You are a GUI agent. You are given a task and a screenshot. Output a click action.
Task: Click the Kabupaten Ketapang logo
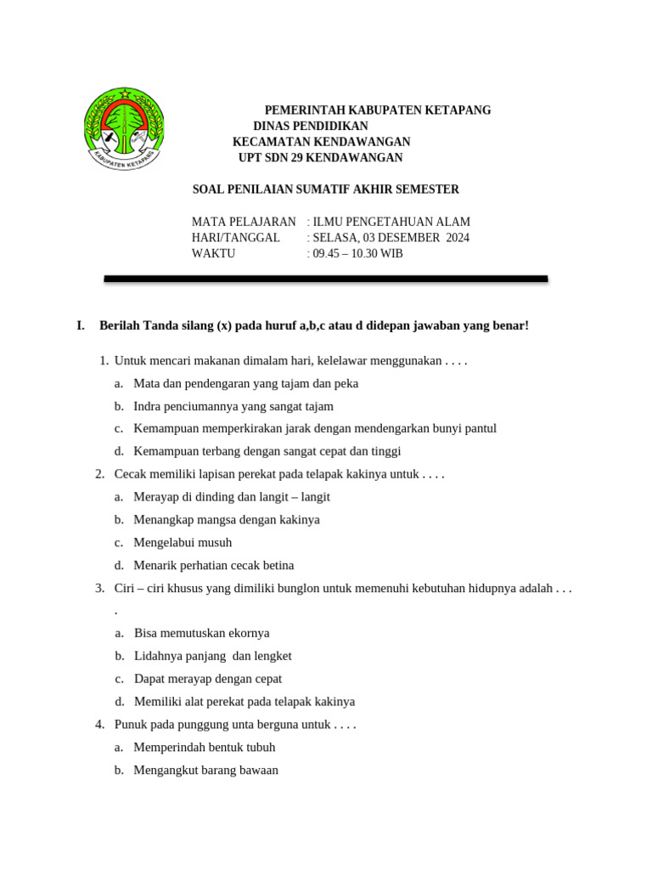point(124,133)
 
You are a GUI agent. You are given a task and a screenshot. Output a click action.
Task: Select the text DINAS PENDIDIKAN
point(311,126)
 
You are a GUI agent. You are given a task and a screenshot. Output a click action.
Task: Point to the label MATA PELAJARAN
point(244,222)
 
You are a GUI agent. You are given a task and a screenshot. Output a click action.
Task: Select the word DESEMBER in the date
point(403,238)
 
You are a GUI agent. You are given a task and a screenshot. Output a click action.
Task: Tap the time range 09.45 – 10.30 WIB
point(357,253)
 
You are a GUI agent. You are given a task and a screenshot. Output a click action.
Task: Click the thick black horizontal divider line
point(326,279)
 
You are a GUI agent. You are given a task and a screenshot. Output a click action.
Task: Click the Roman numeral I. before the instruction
point(81,325)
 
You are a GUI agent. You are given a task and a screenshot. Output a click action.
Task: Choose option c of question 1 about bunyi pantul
point(315,429)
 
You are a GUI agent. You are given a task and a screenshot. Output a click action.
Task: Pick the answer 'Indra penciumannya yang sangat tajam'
point(233,406)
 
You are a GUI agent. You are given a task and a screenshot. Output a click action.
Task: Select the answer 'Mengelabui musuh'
point(183,542)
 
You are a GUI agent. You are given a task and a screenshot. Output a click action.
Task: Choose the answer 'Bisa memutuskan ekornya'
point(201,633)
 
